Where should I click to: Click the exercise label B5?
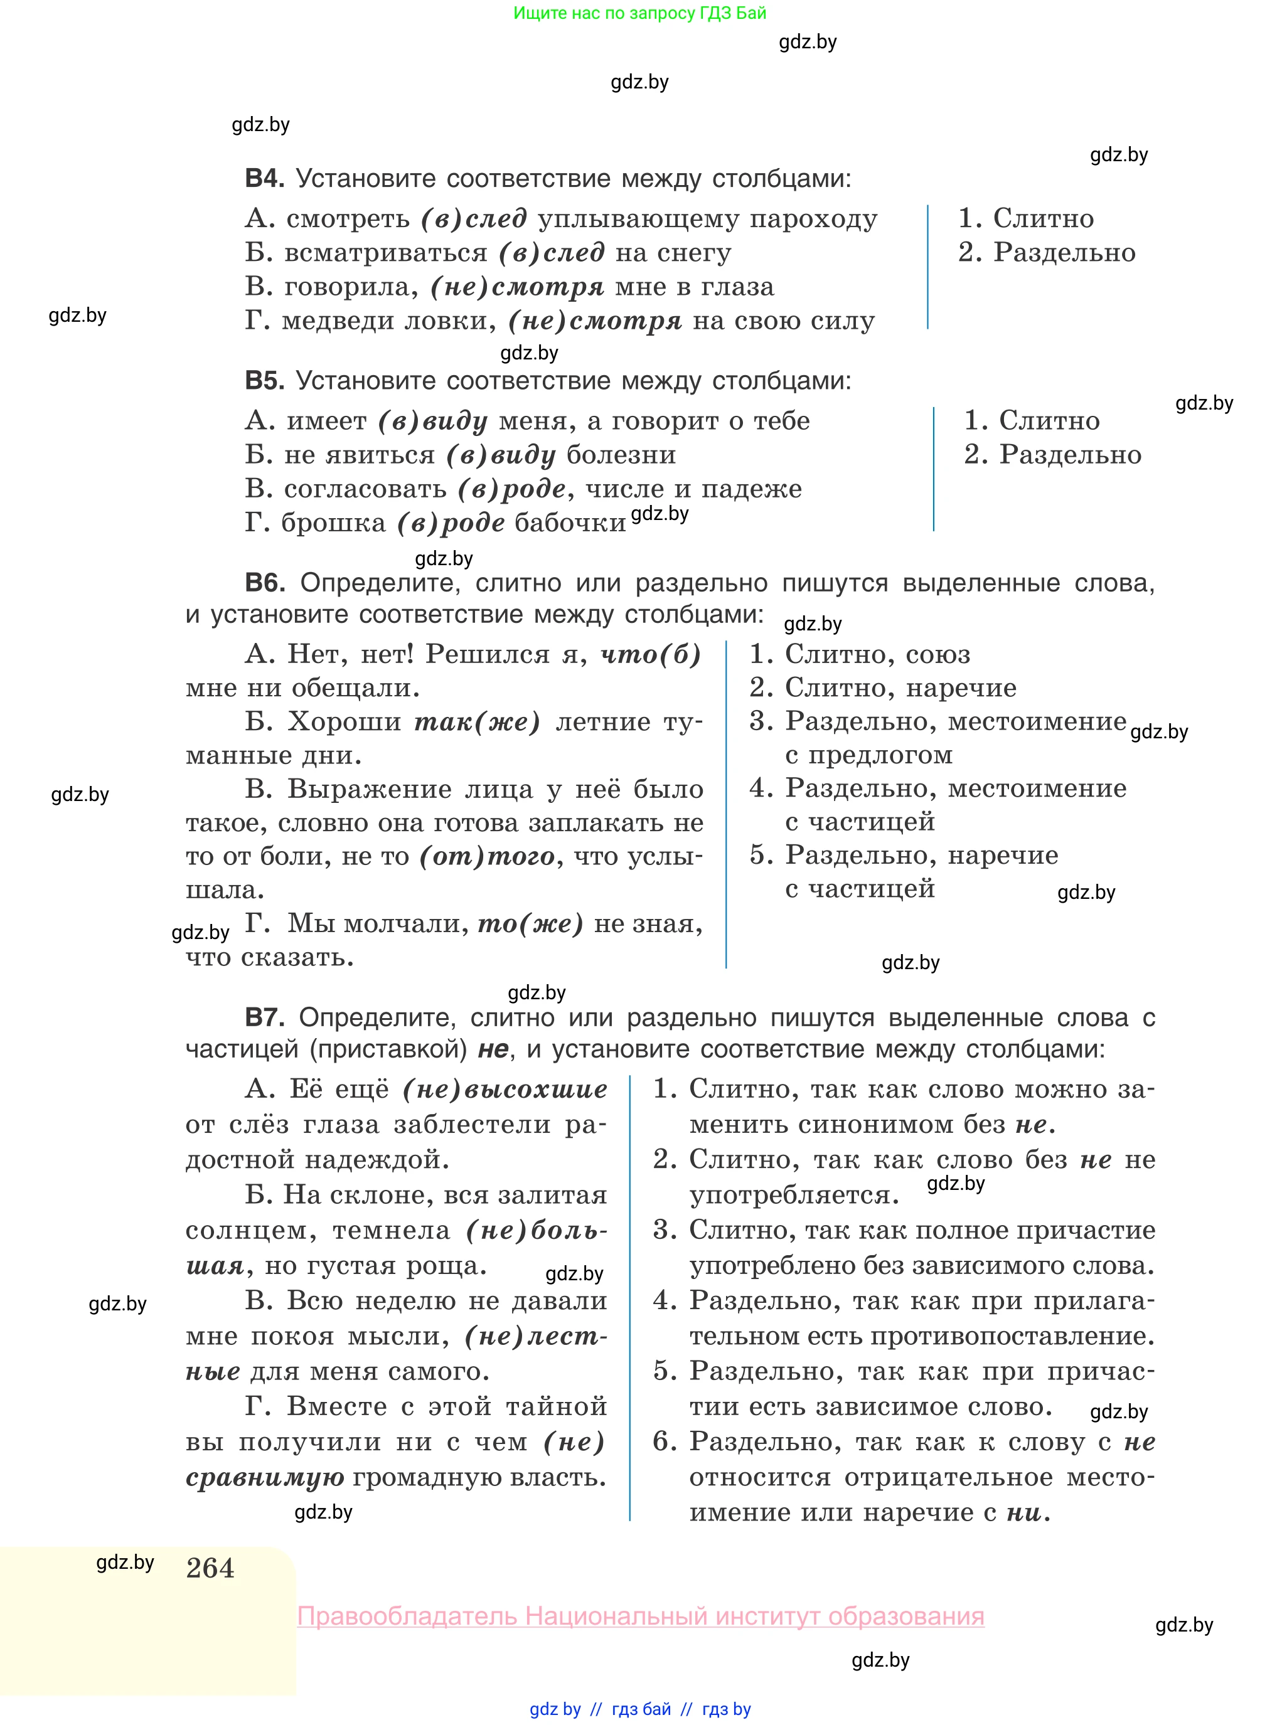coord(264,381)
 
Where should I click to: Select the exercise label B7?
coord(264,1017)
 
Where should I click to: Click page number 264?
coord(210,1568)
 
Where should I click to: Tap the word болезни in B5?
coord(621,455)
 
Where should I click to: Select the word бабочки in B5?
coord(570,524)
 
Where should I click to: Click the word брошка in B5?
coord(333,524)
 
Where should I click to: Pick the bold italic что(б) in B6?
coord(651,655)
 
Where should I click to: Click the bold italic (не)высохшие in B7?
coord(505,1090)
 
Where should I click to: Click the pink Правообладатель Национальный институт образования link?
coord(640,1616)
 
